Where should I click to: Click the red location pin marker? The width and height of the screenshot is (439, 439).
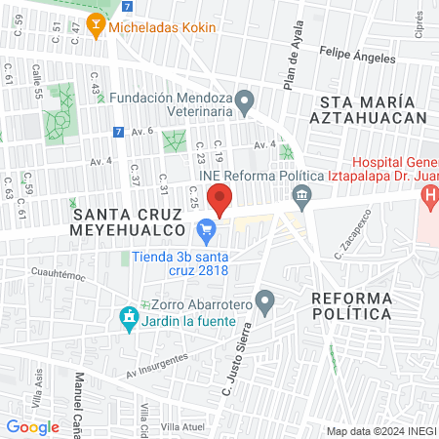(x=220, y=199)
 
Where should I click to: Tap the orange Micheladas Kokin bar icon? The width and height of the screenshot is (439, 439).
(x=96, y=27)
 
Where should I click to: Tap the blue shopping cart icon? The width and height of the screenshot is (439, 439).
(x=206, y=232)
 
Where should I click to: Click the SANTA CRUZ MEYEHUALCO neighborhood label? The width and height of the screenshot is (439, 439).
(x=129, y=220)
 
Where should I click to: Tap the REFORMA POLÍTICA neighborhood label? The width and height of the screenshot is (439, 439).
(x=351, y=305)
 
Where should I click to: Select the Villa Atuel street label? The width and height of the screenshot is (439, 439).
(x=183, y=427)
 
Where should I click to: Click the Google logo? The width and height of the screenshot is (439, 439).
(x=32, y=426)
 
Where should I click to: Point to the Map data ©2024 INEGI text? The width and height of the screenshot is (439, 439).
(x=379, y=431)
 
